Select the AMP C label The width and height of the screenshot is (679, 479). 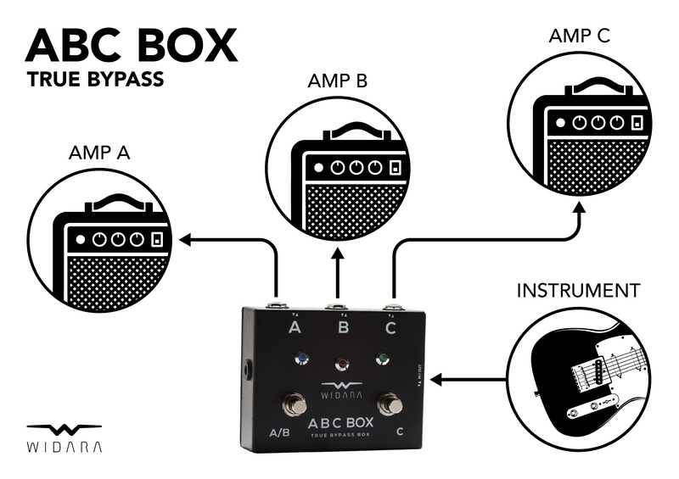[580, 36]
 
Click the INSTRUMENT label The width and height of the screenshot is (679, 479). [578, 291]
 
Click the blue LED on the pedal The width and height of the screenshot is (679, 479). [301, 359]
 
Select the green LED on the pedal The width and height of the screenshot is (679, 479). [383, 358]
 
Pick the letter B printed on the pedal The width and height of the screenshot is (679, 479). [343, 328]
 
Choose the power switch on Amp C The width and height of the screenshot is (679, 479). [637, 123]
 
